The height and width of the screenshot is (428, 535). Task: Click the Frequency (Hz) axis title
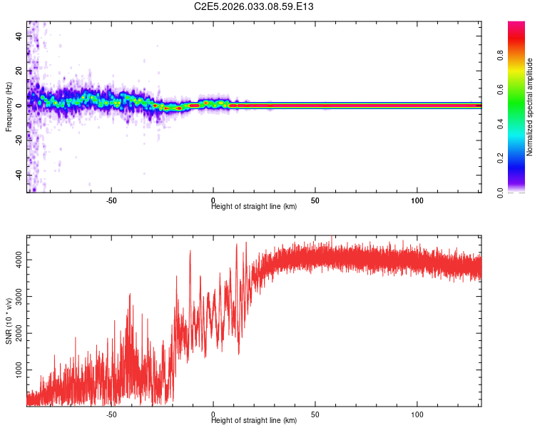point(9,106)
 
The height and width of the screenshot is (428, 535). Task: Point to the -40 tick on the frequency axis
point(19,175)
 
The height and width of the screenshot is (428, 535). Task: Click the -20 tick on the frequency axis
point(19,140)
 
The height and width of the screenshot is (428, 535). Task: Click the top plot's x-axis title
point(254,206)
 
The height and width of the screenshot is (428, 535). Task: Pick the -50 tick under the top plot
point(111,200)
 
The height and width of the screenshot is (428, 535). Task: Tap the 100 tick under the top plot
point(418,200)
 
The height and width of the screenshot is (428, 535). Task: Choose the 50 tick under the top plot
point(315,200)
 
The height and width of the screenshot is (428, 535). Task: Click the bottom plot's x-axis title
point(254,420)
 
